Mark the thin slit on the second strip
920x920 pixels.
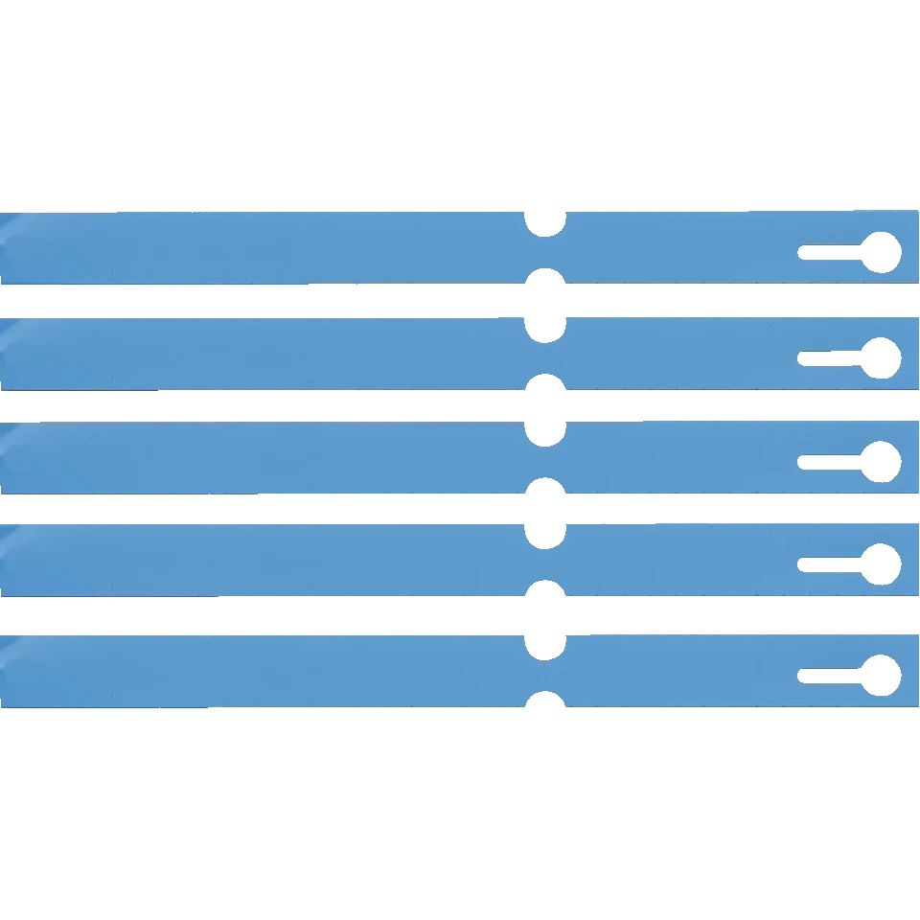(x=835, y=357)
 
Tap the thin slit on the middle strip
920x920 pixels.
(x=835, y=462)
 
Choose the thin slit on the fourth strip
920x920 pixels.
(x=835, y=563)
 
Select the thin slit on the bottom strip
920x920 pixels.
(x=835, y=675)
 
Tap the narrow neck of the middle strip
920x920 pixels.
(x=545, y=458)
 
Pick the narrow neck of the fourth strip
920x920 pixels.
(x=545, y=560)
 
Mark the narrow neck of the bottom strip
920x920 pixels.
(x=545, y=672)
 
